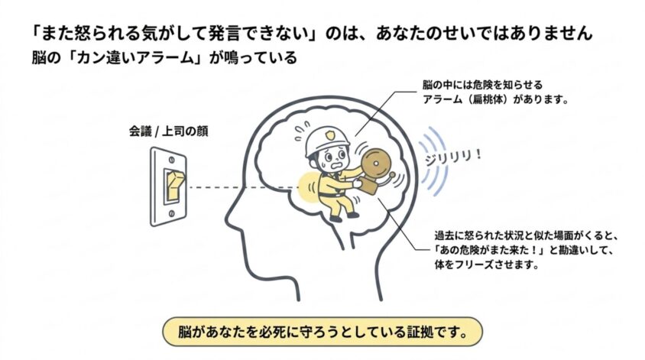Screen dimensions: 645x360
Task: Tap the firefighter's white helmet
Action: coord(327,141)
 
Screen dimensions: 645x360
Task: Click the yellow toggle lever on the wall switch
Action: coord(174,185)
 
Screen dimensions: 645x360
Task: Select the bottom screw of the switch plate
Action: coord(171,213)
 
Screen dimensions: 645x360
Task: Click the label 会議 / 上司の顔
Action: coord(169,131)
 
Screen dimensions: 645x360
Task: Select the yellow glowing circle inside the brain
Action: coord(309,186)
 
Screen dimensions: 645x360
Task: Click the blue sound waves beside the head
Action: coord(432,161)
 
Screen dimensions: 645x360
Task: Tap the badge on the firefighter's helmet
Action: coord(330,135)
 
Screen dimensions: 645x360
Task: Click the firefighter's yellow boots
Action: coord(345,216)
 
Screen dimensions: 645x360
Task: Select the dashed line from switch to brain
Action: coord(244,187)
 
